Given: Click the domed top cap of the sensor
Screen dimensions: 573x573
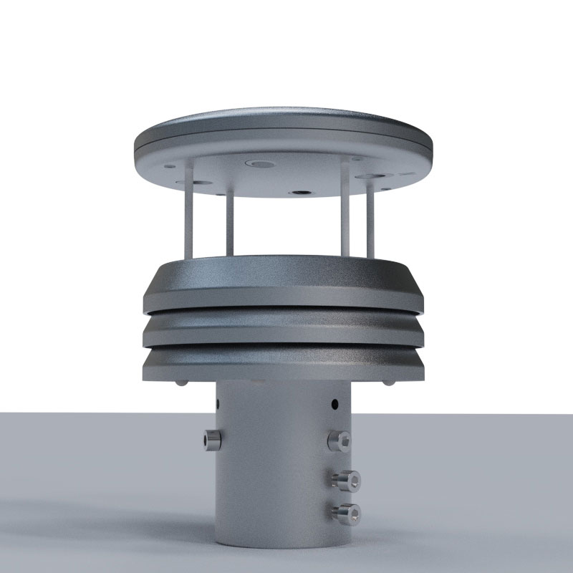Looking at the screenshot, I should click(283, 129).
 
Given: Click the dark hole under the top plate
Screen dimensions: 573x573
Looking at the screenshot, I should click(299, 192).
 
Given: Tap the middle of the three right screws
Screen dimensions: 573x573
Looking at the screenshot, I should click(347, 478).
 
